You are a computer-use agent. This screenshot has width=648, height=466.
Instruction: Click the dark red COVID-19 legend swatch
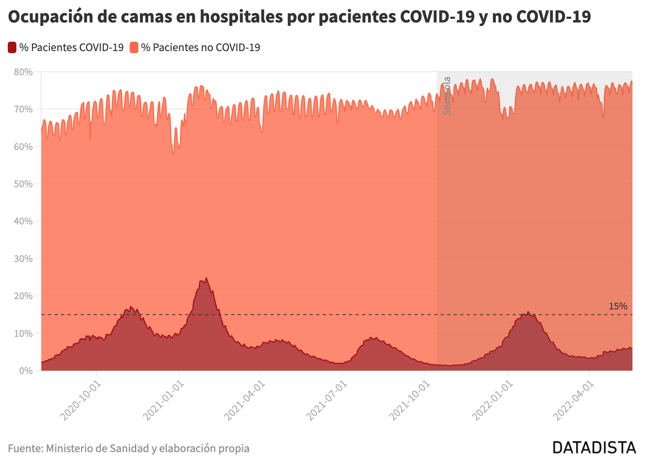[x=12, y=47]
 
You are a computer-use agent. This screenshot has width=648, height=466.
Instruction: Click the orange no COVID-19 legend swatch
[x=134, y=47]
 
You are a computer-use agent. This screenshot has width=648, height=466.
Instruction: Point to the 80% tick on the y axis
[x=23, y=72]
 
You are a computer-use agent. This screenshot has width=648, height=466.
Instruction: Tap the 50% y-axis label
[x=23, y=184]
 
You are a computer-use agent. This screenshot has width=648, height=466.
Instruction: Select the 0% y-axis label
[x=26, y=371]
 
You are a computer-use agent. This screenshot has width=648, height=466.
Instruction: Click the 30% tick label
[x=23, y=259]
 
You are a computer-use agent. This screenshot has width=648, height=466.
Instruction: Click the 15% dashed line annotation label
[x=618, y=306]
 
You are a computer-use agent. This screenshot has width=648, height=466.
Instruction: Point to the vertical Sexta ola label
[x=447, y=96]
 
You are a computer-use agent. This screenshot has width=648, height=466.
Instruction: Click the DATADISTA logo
[x=594, y=448]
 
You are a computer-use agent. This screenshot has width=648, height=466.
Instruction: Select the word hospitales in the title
[x=241, y=16]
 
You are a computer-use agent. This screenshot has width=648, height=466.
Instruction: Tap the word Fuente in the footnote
[x=26, y=448]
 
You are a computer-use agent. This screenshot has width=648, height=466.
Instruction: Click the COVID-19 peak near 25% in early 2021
[x=206, y=278]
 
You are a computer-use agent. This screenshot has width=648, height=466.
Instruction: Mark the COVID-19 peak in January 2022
[x=528, y=311]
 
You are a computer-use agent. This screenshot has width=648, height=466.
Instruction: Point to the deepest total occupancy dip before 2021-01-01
[x=173, y=154]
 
